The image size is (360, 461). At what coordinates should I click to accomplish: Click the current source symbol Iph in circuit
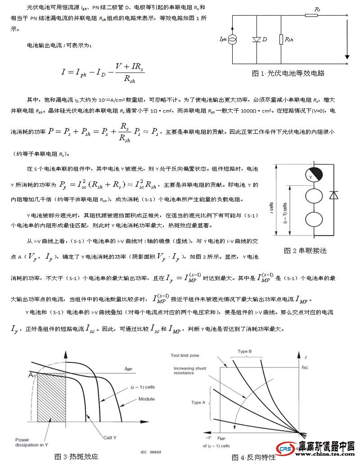coord(233,40)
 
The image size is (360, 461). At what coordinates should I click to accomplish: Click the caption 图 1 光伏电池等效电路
coord(288,73)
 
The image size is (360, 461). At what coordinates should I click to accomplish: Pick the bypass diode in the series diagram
coord(333,195)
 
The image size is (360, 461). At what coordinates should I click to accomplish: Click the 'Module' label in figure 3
coord(146,399)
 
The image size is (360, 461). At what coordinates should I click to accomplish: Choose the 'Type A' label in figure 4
coord(199,402)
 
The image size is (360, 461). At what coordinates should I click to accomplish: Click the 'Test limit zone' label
coord(185,355)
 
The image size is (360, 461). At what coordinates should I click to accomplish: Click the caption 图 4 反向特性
coord(253,457)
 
